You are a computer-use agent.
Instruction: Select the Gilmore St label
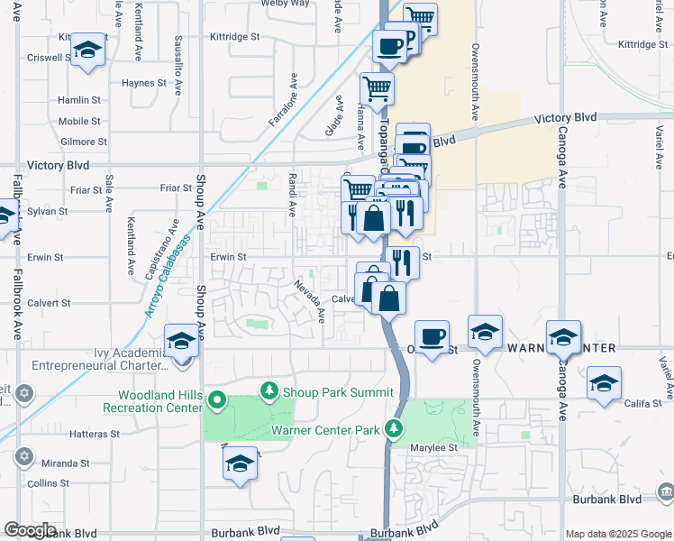pos(83,142)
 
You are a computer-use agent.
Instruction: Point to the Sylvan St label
pos(49,211)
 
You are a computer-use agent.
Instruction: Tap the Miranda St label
pos(55,463)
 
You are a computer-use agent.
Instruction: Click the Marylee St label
pos(434,447)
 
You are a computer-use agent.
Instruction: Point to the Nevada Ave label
pos(308,301)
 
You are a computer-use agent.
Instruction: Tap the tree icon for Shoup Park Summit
pos(268,391)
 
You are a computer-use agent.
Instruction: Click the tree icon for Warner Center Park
pos(393,428)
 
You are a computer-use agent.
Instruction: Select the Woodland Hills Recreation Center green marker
pos(216,399)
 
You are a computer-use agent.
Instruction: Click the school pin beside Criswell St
pos(88,50)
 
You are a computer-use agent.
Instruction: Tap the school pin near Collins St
pos(239,463)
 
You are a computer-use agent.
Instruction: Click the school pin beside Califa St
pos(604,383)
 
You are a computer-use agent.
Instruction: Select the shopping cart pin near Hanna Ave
pos(377,88)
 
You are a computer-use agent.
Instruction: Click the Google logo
pos(30,530)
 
